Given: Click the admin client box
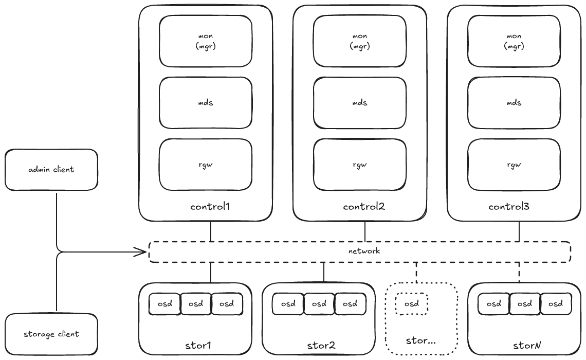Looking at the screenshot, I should [51, 169].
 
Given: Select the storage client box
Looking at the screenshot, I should [51, 334].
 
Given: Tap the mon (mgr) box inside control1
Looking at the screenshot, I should [206, 41].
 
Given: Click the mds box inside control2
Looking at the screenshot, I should [360, 103].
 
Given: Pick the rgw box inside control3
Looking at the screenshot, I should [514, 165].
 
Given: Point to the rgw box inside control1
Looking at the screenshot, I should [206, 165].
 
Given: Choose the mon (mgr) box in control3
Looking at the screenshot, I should [514, 41].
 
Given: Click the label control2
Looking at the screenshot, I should [364, 207].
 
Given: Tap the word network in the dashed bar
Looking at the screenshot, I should [363, 251].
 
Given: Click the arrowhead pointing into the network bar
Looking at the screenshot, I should [143, 252].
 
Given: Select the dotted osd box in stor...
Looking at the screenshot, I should [412, 304].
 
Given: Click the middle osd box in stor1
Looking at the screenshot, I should [196, 304].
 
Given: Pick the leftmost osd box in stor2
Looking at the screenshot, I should [288, 304].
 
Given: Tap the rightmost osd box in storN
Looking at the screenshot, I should [556, 304].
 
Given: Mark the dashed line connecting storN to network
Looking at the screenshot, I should [519, 273].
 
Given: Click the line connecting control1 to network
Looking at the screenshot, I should [211, 231].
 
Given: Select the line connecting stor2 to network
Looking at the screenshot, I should [324, 273].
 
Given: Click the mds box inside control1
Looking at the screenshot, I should [206, 103].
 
